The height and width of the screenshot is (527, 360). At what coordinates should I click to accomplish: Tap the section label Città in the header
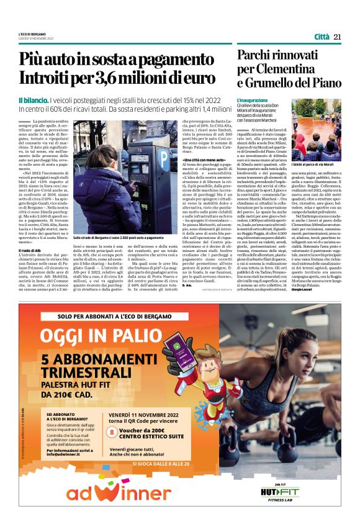tap(322, 36)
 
